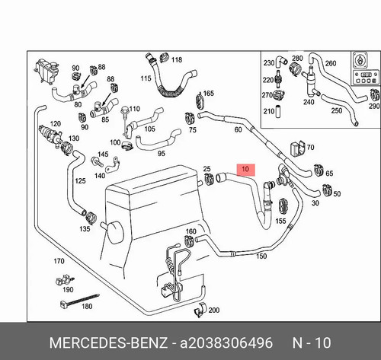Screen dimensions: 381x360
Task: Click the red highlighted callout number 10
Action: tap(245, 169)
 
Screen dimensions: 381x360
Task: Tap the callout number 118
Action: tap(177, 60)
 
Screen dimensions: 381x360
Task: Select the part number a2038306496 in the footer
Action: tap(226, 342)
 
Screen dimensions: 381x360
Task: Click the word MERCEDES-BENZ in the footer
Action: tap(108, 342)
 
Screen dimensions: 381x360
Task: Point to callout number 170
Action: tap(59, 261)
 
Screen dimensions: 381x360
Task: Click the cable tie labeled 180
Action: tap(79, 301)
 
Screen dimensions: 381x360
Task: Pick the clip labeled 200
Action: tap(200, 310)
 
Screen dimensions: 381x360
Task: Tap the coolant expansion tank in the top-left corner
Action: tap(46, 70)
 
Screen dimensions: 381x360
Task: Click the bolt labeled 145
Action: tap(97, 161)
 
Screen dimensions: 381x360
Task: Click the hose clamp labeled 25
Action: tap(209, 179)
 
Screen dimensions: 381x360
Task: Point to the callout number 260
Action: tap(331, 63)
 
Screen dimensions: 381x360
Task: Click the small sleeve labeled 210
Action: tap(278, 111)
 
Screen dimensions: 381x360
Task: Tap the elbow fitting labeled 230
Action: tap(281, 61)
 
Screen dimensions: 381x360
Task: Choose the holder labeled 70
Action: tap(297, 148)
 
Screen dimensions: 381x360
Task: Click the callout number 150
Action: tap(261, 256)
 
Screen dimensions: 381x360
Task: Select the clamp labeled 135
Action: tap(91, 217)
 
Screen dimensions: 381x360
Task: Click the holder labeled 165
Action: tap(200, 100)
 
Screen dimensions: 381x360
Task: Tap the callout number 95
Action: tap(162, 154)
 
